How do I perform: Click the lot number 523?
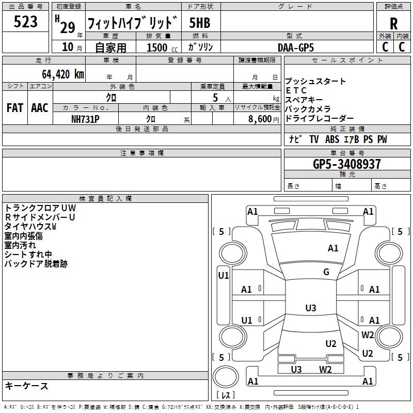pyautogui.click(x=26, y=22)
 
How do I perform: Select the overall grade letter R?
pyautogui.click(x=393, y=24)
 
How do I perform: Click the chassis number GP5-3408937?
pyautogui.click(x=347, y=164)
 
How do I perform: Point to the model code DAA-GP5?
pyautogui.click(x=295, y=47)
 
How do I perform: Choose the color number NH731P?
pyautogui.click(x=85, y=119)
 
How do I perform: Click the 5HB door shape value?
pyautogui.click(x=200, y=23)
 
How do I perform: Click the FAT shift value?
pyautogui.click(x=14, y=108)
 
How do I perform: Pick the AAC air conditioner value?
pyautogui.click(x=39, y=108)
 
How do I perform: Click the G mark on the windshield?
pyautogui.click(x=326, y=272)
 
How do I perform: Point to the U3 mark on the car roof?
pyautogui.click(x=310, y=308)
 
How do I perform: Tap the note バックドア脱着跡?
pyautogui.click(x=36, y=264)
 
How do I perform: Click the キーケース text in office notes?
pyautogui.click(x=26, y=386)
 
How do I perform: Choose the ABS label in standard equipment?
pyautogui.click(x=332, y=139)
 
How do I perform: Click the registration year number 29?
pyautogui.click(x=67, y=27)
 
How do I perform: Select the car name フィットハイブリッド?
pyautogui.click(x=133, y=23)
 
